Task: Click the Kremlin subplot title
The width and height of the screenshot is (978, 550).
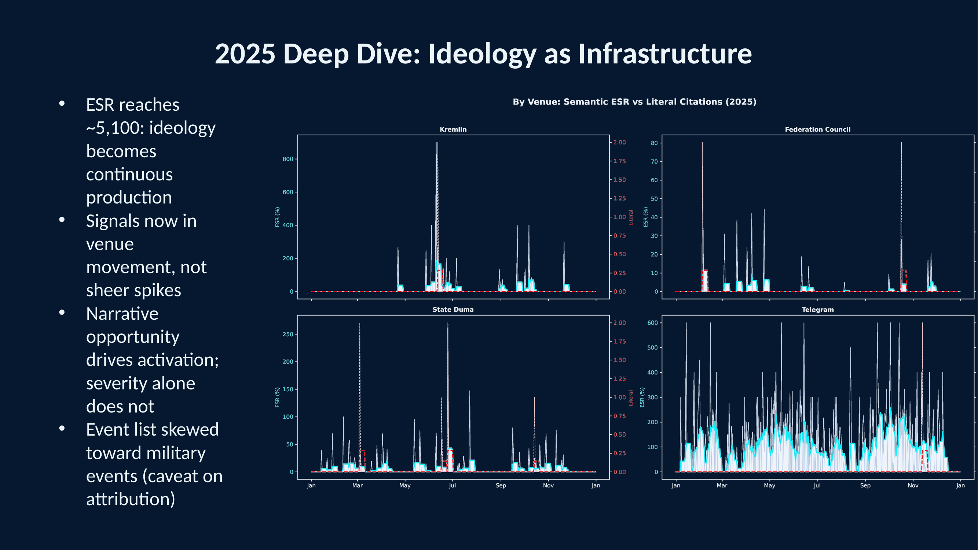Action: (x=453, y=129)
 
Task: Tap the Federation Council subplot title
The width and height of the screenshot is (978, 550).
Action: (x=817, y=129)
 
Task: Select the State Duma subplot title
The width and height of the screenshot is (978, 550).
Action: (x=453, y=310)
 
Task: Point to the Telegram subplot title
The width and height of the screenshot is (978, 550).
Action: (x=817, y=310)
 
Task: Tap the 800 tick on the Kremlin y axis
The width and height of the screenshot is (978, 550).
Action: (x=288, y=159)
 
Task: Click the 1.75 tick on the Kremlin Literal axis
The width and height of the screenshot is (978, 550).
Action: (x=620, y=161)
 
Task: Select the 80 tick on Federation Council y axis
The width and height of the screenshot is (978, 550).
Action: (x=654, y=143)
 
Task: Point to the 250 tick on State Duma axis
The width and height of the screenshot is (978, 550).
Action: (x=288, y=334)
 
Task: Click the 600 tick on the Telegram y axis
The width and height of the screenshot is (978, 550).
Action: (x=652, y=323)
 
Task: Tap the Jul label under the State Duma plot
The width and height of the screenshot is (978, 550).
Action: (x=452, y=485)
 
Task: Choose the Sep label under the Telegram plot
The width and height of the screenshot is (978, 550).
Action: (x=865, y=485)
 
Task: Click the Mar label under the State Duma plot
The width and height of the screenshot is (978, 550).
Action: (x=357, y=485)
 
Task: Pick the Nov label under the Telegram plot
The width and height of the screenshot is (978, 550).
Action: (x=913, y=485)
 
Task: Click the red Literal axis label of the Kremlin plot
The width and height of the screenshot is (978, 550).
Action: (x=631, y=217)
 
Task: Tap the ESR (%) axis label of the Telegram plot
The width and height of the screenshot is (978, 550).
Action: (x=642, y=397)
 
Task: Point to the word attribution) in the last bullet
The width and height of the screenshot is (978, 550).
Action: (x=131, y=499)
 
